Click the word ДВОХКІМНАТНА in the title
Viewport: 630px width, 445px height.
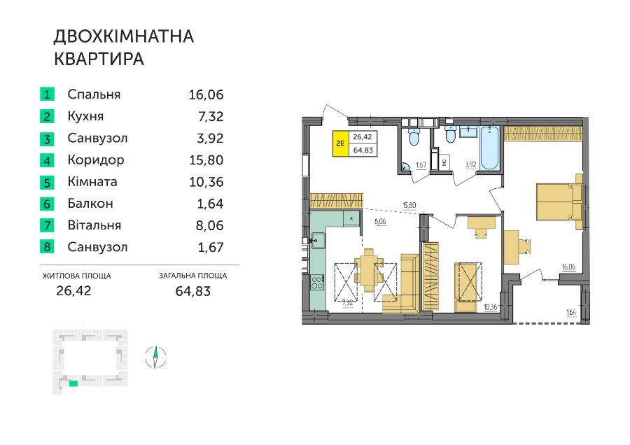point(124,36)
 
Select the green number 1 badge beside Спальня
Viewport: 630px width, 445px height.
point(47,94)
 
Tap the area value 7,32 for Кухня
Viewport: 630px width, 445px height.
point(211,116)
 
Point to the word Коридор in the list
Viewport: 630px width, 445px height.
point(96,160)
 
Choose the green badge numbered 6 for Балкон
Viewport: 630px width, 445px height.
point(47,204)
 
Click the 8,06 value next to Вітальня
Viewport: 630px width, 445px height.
point(210,225)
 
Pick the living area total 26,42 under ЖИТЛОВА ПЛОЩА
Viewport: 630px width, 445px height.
point(74,290)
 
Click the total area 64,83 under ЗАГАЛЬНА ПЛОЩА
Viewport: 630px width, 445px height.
point(193,290)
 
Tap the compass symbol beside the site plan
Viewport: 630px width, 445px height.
point(155,357)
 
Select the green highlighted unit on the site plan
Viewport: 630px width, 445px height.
point(73,383)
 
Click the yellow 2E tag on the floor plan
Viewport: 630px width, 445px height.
point(340,143)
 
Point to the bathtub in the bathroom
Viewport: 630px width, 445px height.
point(490,148)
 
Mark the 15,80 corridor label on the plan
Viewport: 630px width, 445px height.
point(409,206)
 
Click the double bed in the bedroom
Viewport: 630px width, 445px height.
point(559,202)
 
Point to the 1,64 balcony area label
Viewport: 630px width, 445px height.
point(571,312)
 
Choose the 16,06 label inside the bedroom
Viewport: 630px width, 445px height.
point(568,267)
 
